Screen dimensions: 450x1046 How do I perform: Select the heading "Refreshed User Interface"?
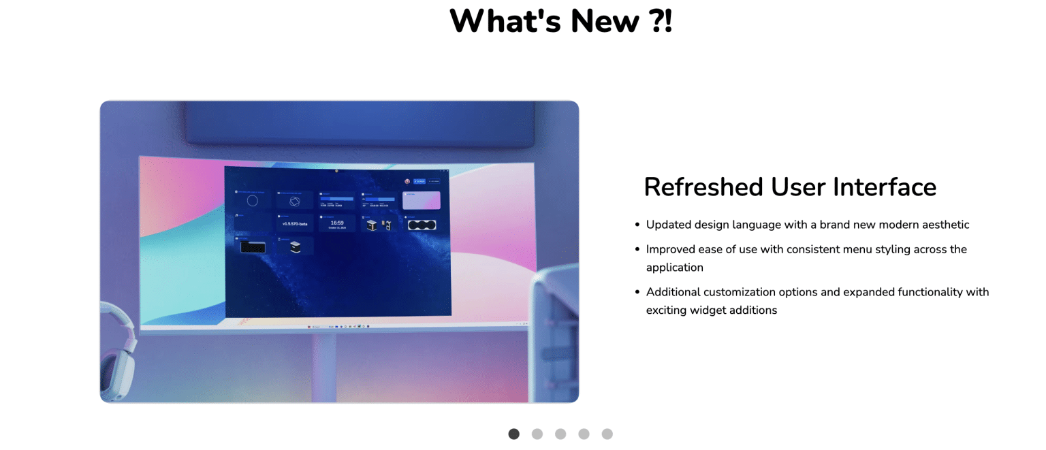(790, 187)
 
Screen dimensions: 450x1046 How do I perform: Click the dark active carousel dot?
(514, 434)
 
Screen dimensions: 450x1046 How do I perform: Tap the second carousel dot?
(537, 434)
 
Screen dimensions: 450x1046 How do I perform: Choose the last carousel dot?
(607, 434)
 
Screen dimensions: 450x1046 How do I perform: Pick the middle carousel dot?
(560, 434)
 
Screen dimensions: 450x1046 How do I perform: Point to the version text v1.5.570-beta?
(295, 223)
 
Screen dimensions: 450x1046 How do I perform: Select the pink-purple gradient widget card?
(422, 200)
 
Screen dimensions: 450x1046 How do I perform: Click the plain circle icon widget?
(253, 201)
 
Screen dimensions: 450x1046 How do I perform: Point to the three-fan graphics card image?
(422, 225)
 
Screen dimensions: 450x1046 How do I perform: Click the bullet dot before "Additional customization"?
(637, 292)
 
